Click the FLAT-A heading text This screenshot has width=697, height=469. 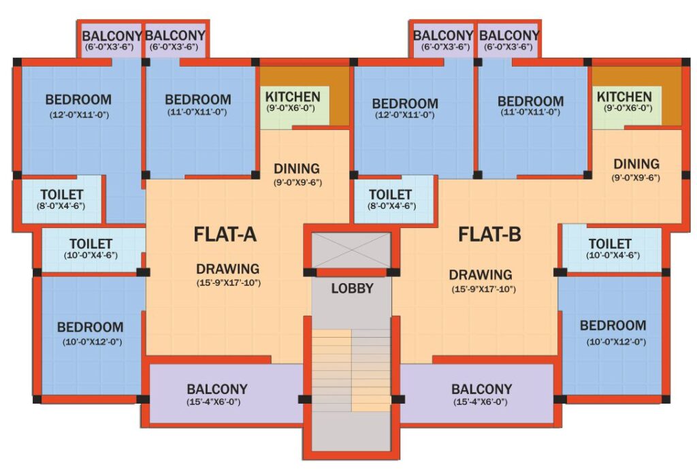(x=225, y=235)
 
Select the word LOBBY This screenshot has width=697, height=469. (x=352, y=289)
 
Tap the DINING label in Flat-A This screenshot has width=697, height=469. (x=297, y=168)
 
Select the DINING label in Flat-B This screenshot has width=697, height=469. (x=636, y=164)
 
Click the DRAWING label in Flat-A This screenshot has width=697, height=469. (x=228, y=268)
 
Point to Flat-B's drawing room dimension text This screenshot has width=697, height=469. (x=481, y=289)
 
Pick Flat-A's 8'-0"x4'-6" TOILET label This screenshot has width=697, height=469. (x=61, y=195)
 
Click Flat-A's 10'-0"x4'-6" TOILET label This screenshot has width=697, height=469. (x=91, y=244)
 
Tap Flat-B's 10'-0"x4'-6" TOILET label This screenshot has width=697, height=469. (x=610, y=244)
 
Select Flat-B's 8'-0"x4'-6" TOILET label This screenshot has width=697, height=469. (x=391, y=196)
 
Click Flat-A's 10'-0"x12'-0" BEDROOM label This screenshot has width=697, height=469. (x=90, y=327)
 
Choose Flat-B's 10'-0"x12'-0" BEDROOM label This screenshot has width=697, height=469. (x=613, y=326)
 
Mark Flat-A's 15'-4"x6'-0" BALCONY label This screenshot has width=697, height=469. (x=217, y=390)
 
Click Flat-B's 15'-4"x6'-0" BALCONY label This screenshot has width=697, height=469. (x=482, y=390)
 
